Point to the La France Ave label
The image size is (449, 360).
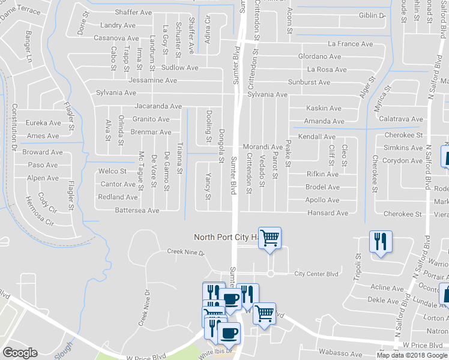(351, 44)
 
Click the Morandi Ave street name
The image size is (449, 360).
(262, 147)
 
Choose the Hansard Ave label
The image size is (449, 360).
(327, 213)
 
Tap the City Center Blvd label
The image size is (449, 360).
(316, 274)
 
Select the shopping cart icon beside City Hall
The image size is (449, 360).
(270, 238)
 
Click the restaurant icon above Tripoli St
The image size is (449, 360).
(381, 241)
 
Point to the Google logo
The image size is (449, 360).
(20, 353)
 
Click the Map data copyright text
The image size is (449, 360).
(412, 355)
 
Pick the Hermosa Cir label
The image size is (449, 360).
(39, 211)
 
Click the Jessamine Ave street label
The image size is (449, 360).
(152, 80)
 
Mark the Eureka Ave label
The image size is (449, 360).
(43, 123)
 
